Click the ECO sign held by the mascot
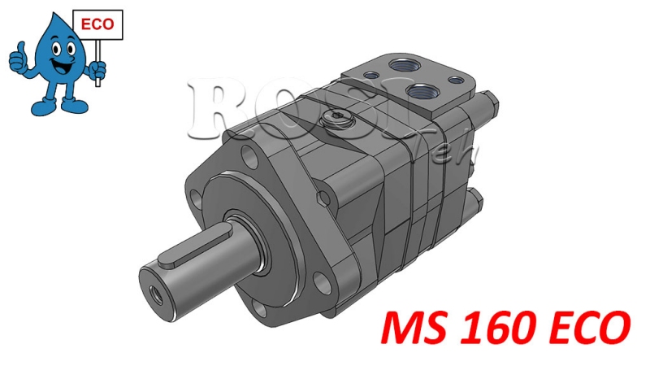(x=98, y=24)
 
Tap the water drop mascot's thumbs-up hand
(x=18, y=59)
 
